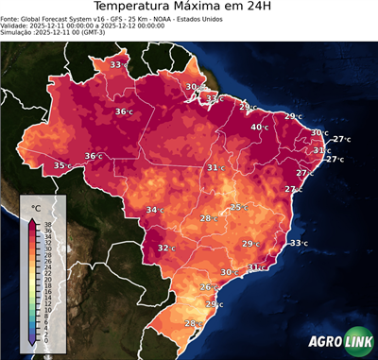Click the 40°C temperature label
[x=259, y=128]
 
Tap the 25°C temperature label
[x=239, y=207]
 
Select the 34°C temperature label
[x=154, y=210]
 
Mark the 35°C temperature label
[x=61, y=165]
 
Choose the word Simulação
[x=18, y=34]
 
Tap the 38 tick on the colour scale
[x=45, y=224]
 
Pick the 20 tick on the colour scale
[x=45, y=279]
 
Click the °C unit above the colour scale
[x=36, y=208]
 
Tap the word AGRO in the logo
[x=322, y=344]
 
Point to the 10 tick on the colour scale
[x=45, y=308]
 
